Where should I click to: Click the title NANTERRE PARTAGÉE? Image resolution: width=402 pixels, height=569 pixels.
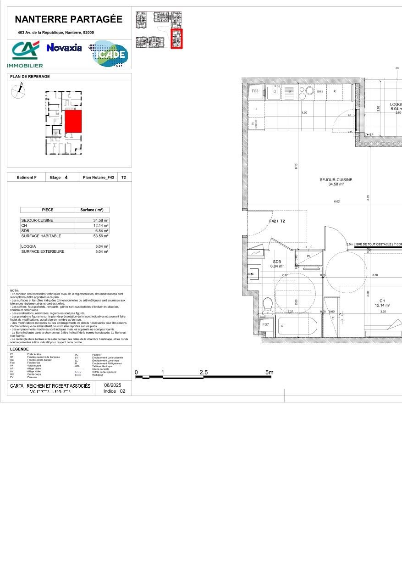point(69,19)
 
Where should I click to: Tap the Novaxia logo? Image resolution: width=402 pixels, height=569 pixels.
point(64,48)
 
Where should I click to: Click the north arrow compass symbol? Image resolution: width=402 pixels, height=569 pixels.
point(18,92)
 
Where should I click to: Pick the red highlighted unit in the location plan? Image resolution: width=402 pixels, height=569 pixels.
point(73,122)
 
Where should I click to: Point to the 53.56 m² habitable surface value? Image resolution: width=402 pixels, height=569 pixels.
point(101,236)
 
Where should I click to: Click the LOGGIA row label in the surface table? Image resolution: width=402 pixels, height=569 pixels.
point(28,246)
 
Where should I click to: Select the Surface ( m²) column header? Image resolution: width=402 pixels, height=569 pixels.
point(92,210)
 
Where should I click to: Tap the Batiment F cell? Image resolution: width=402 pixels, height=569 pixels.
point(26,178)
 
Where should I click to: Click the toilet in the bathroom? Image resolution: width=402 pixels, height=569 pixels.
point(268,305)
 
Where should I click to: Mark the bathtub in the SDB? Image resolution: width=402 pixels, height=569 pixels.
point(297,326)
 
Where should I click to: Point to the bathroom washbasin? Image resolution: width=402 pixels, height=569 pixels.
point(254,275)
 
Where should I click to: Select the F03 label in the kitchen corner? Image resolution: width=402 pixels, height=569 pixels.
point(255,91)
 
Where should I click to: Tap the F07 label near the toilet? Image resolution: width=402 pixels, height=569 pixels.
point(265,324)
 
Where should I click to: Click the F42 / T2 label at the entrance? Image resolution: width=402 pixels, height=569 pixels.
point(277,221)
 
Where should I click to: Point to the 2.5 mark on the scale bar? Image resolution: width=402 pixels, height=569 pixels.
point(204,373)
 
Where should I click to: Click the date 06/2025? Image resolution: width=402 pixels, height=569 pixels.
point(112,385)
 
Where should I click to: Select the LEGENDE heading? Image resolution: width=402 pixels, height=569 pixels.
point(19,349)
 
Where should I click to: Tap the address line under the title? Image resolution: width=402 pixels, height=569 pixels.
point(55,33)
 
